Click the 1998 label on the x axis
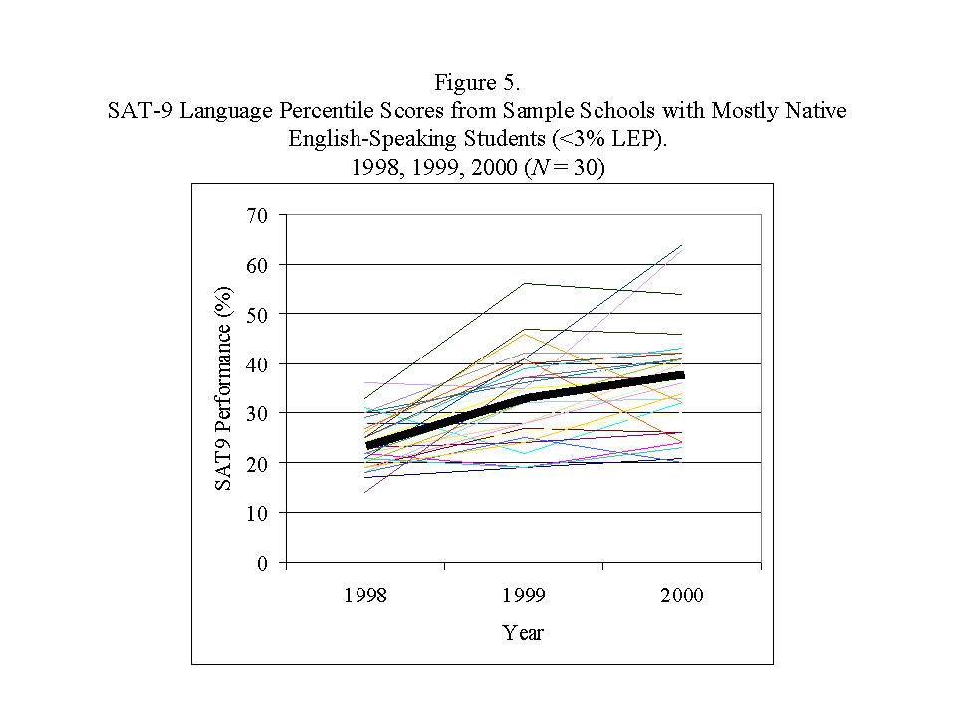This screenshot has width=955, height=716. coord(365,596)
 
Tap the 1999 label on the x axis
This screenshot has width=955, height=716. coord(524,596)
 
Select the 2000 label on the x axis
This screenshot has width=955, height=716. coord(682,596)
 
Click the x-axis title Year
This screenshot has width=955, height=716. coord(523,632)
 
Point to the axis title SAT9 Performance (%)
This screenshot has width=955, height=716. coord(225,388)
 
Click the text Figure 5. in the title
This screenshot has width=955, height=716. coord(477,83)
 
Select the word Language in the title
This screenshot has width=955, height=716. coord(218,111)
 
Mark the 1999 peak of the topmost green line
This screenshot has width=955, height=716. coord(525,283)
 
